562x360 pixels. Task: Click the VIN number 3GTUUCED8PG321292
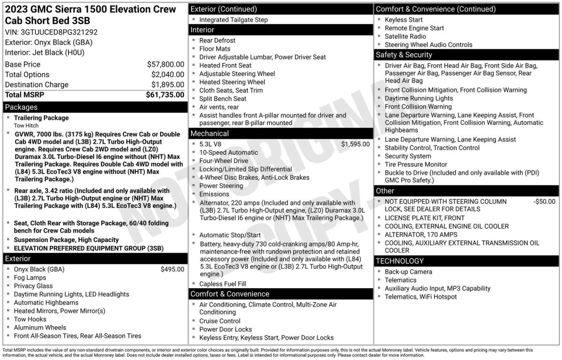59,32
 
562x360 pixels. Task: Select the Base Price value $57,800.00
165,64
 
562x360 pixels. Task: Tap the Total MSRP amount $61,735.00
165,95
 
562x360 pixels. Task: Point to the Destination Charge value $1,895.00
167,85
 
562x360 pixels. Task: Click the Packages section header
21,107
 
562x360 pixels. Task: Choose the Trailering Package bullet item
41,118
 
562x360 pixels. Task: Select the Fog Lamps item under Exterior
30,277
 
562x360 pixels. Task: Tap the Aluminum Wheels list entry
40,328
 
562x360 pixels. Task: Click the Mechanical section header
209,134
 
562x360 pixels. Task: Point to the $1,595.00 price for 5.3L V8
355,144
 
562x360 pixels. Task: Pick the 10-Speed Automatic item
229,152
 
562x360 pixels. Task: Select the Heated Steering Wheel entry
232,82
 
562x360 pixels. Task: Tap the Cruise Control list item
220,321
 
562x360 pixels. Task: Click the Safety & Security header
405,55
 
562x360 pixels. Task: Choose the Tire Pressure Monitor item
416,165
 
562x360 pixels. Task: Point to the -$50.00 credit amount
544,202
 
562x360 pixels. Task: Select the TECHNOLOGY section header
399,261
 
